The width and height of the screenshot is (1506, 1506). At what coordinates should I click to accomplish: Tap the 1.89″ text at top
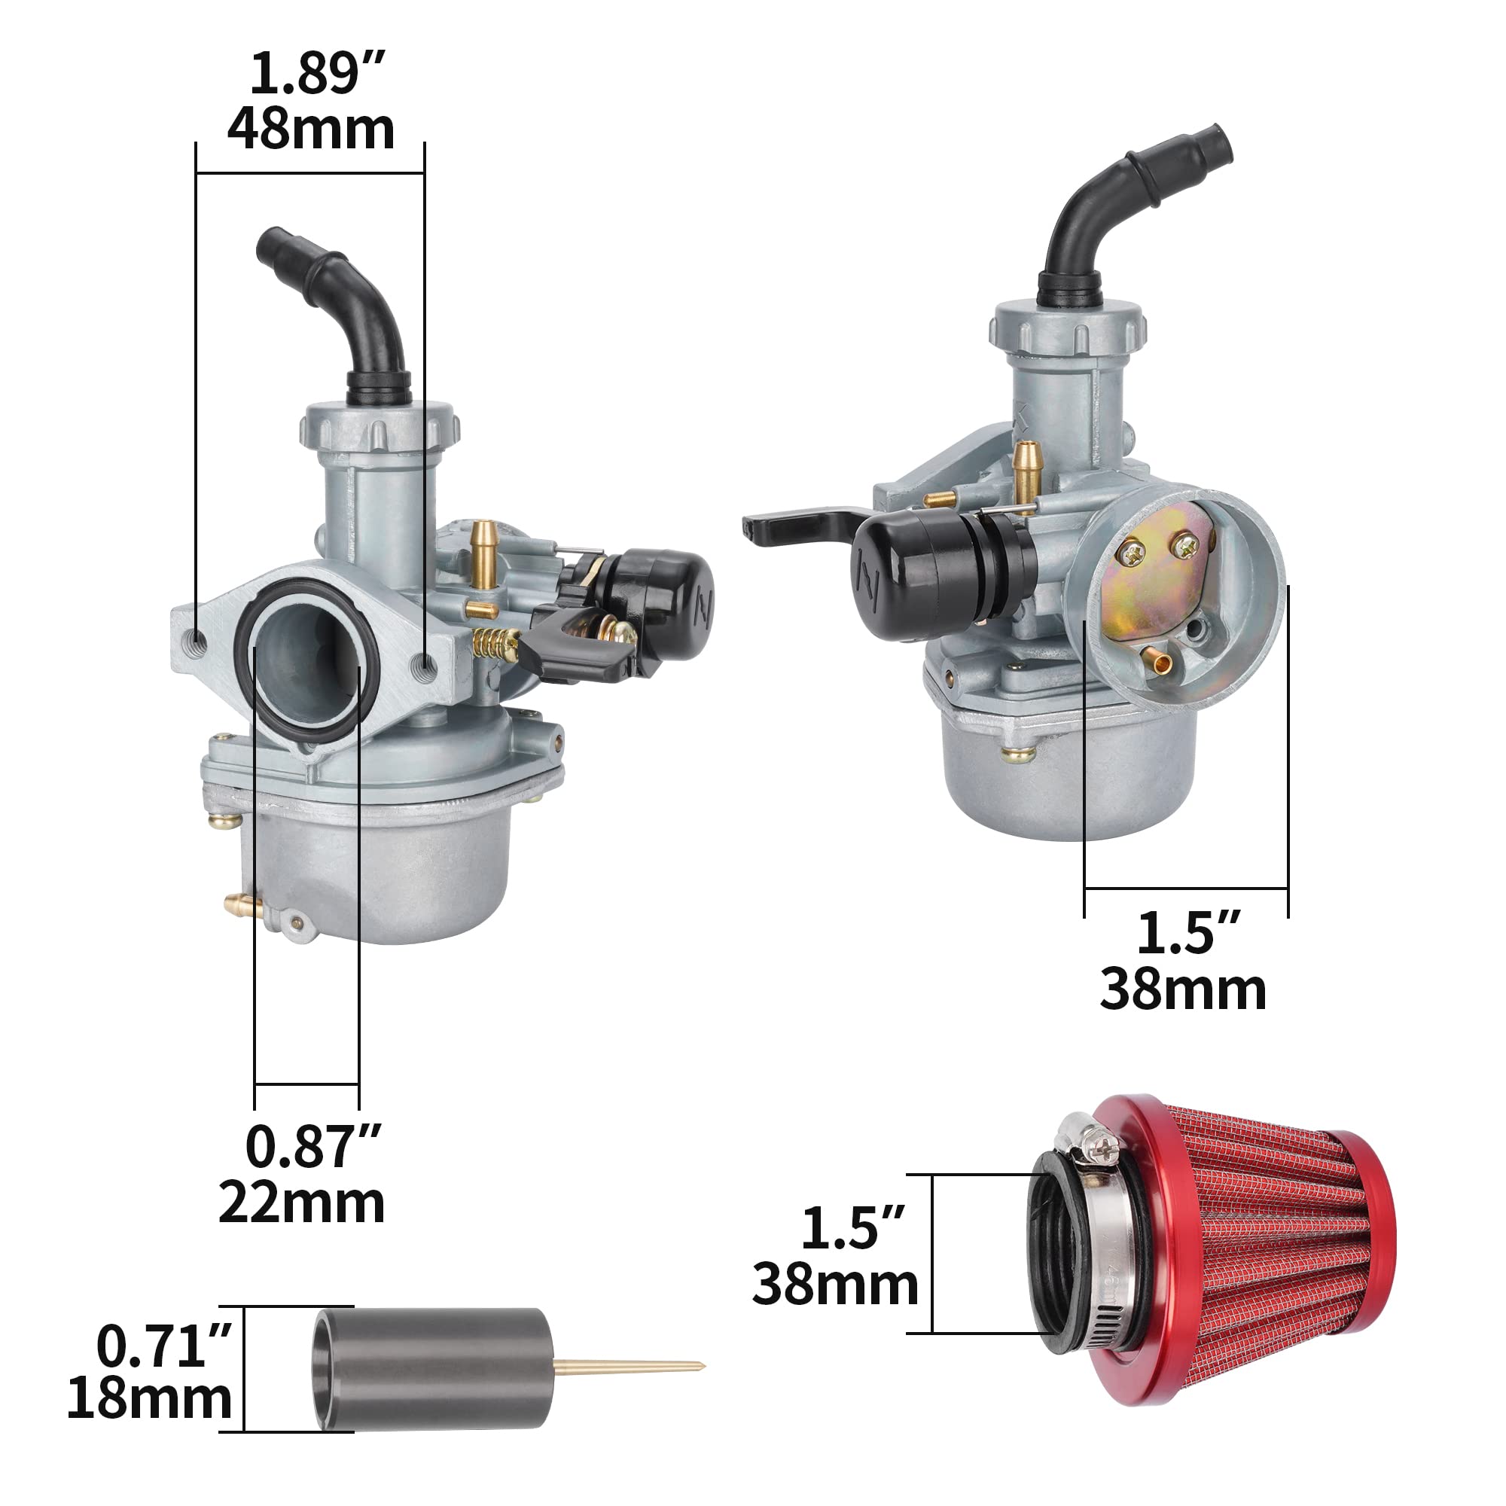tap(316, 74)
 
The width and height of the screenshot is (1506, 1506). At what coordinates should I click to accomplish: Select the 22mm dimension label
tap(301, 1203)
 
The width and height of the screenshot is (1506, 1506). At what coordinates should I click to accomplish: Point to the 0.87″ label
tap(312, 1147)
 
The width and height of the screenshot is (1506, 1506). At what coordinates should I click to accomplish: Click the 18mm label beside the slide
tap(150, 1398)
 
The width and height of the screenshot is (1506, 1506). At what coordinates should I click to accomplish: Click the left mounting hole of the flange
tap(198, 641)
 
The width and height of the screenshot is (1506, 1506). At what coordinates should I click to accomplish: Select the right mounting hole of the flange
tap(425, 663)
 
